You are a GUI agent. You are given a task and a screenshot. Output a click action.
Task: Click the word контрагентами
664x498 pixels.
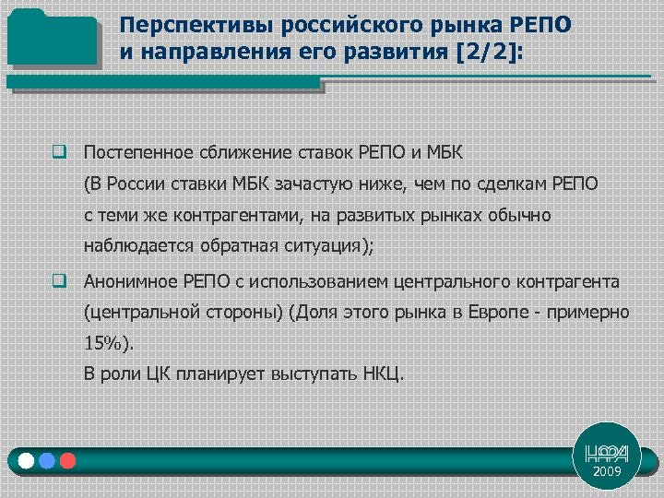point(219,215)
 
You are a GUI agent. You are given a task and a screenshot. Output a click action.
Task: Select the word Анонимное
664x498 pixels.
point(126,281)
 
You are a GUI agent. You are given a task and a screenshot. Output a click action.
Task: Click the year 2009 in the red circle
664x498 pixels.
point(607,471)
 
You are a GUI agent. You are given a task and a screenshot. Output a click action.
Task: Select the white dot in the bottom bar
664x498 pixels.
point(26,460)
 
